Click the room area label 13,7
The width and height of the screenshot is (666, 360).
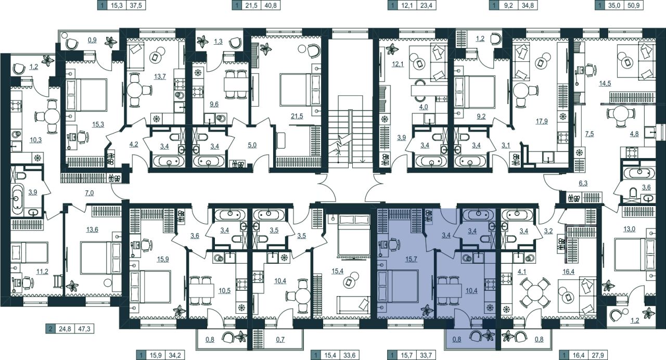(x=160, y=76)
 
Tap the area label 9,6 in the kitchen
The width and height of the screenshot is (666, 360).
(x=214, y=105)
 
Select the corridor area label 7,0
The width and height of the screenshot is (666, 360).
(x=89, y=193)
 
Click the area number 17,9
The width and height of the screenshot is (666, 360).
(x=542, y=121)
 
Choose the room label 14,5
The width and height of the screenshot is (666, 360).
(x=605, y=84)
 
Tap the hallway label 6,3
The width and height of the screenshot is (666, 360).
(x=583, y=184)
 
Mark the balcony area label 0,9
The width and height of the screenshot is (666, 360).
(x=92, y=40)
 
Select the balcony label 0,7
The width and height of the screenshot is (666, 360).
(x=280, y=340)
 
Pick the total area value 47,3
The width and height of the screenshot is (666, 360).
(x=84, y=329)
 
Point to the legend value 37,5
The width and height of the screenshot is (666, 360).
(x=136, y=5)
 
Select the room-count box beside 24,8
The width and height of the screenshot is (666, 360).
(x=50, y=329)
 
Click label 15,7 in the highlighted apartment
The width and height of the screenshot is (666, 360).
(x=411, y=259)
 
